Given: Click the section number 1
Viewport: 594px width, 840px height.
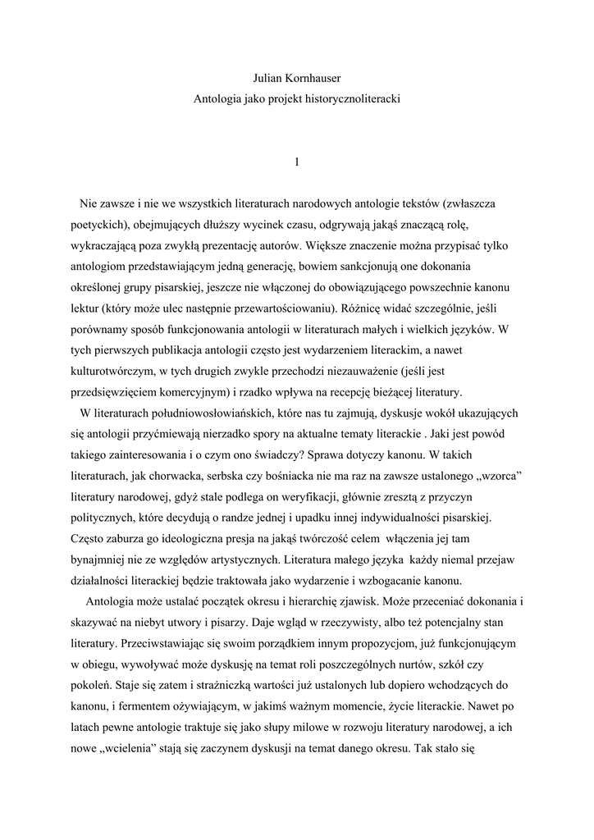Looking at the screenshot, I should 296,162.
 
